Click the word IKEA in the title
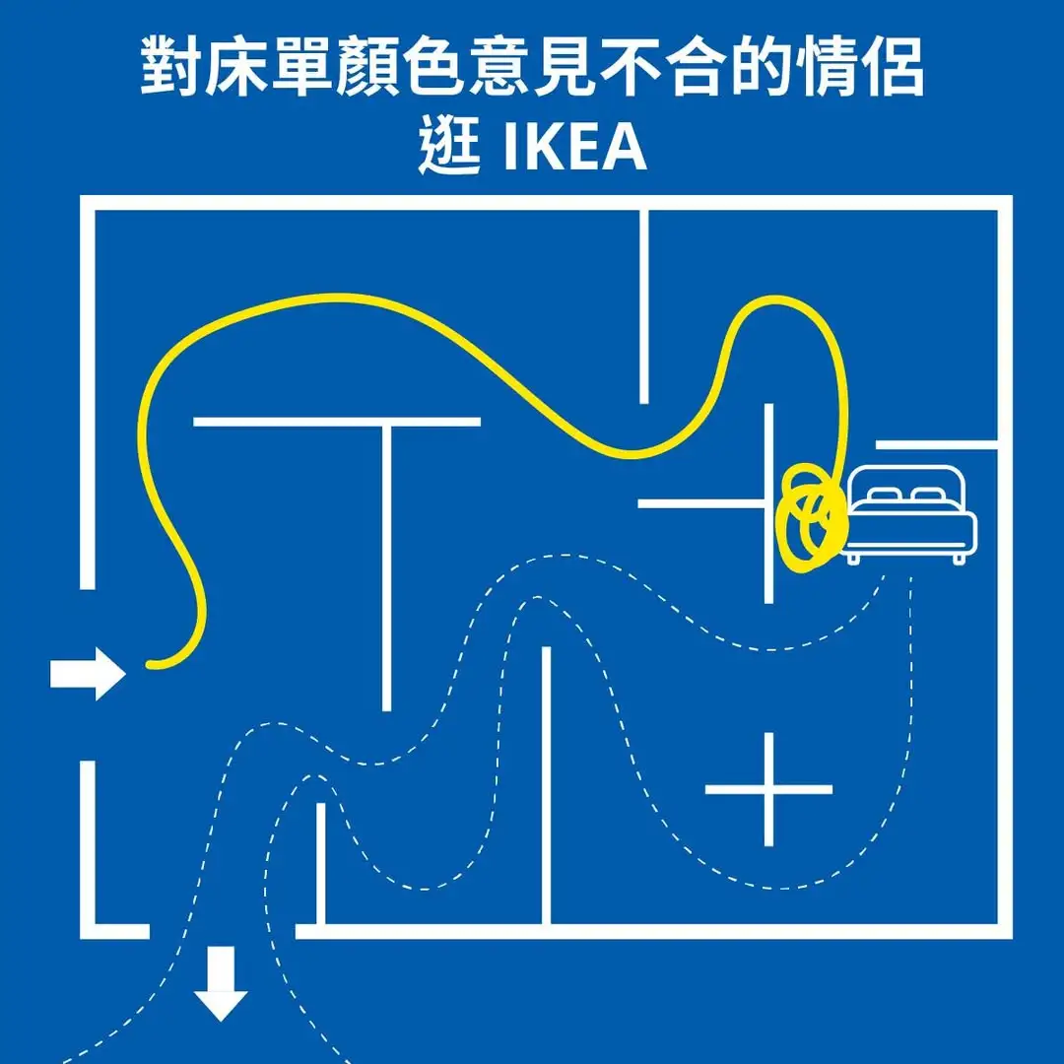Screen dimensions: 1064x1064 click(x=575, y=148)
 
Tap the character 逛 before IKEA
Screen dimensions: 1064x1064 click(x=448, y=148)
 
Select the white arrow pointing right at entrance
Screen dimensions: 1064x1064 click(x=88, y=675)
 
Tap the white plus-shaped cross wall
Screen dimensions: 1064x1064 click(x=769, y=789)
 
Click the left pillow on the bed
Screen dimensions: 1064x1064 click(x=884, y=495)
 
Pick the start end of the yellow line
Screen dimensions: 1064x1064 click(x=151, y=665)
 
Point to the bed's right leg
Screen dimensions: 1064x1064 click(x=959, y=558)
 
